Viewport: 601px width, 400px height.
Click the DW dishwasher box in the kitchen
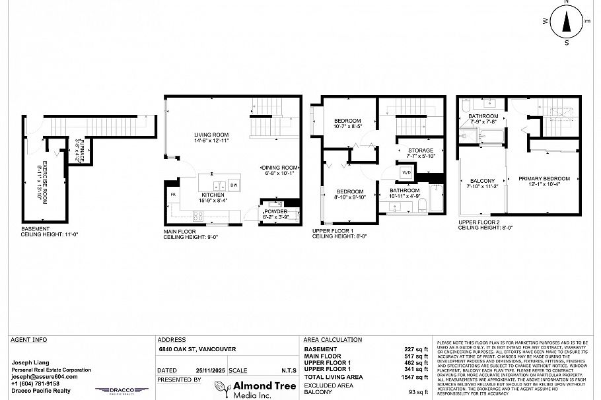(234, 184)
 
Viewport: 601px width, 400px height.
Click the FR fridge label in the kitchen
(173, 195)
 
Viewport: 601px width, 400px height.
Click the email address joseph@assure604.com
(44, 376)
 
